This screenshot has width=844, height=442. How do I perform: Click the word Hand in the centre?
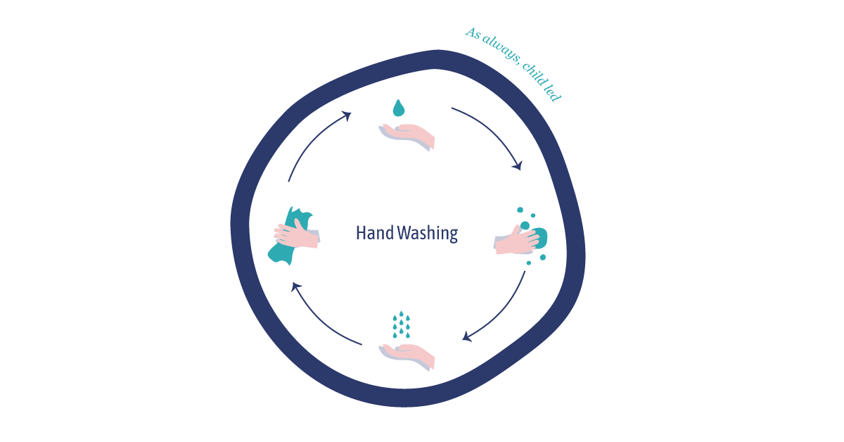tap(374, 233)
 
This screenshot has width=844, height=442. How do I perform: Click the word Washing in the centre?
tap(427, 234)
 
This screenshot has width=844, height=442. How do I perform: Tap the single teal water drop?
tap(399, 108)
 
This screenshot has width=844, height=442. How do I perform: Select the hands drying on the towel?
tap(297, 233)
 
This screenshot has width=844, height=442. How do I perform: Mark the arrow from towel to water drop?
tap(315, 141)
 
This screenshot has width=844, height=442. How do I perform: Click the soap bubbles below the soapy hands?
tap(537, 259)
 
